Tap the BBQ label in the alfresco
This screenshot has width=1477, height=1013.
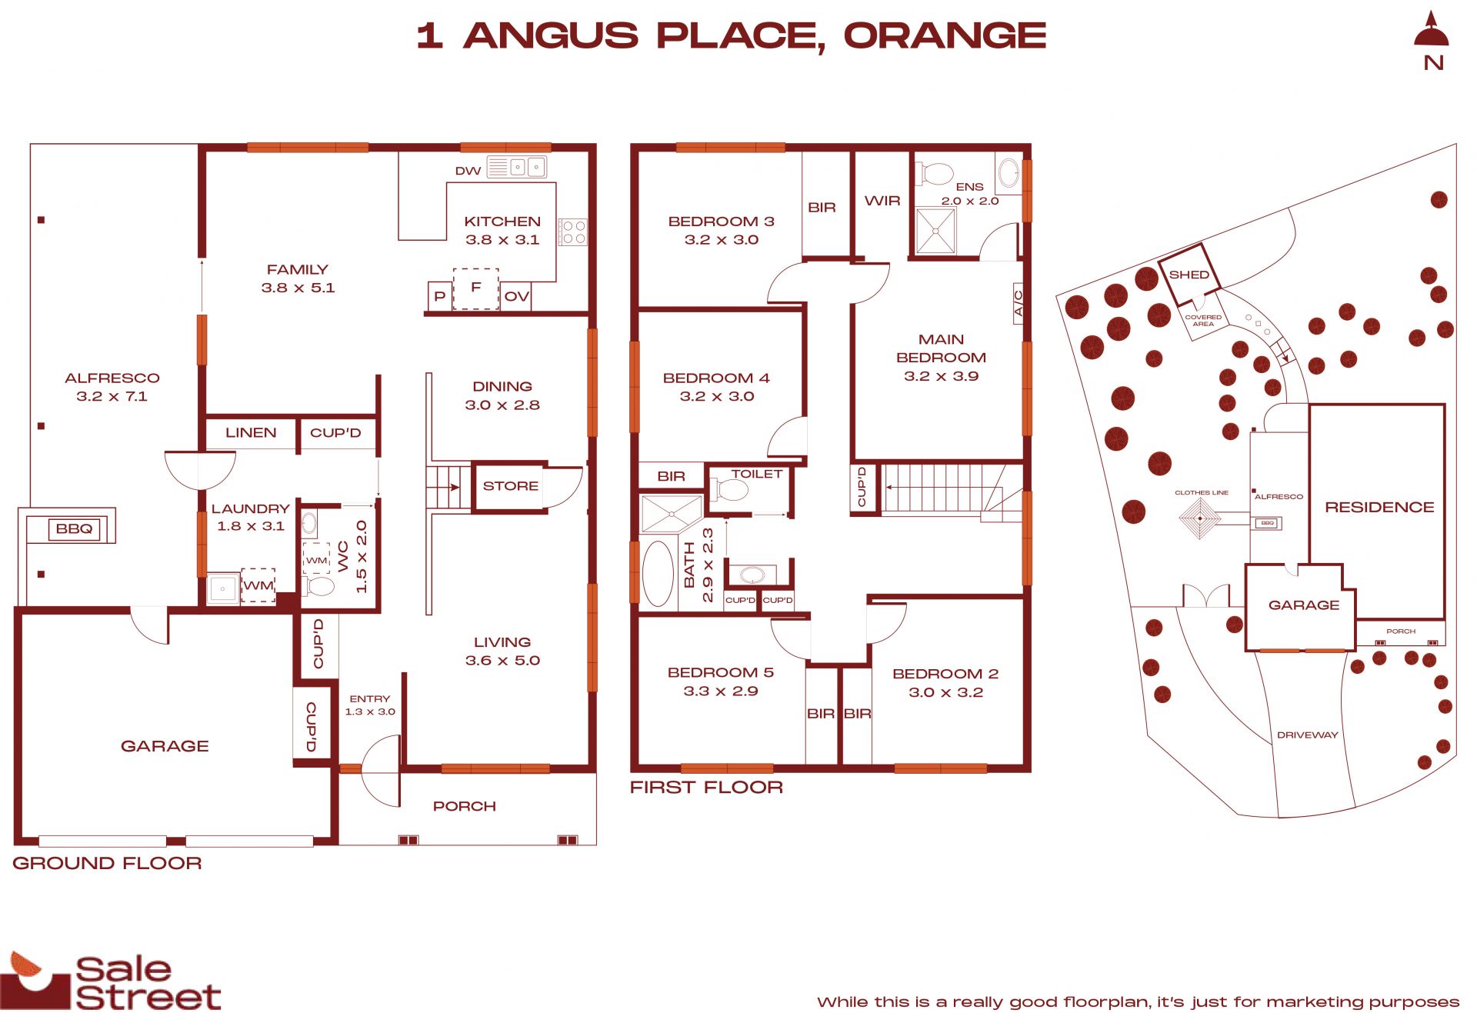(74, 528)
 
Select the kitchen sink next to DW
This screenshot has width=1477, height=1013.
(516, 166)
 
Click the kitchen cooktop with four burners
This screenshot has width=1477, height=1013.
(573, 232)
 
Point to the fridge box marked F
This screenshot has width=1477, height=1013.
(475, 288)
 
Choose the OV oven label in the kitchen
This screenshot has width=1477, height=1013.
(516, 296)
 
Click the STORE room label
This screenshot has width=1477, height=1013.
(510, 486)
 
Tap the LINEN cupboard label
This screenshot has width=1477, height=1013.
(251, 432)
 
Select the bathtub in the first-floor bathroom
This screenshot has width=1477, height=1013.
(657, 574)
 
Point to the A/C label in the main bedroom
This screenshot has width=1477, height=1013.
(1018, 304)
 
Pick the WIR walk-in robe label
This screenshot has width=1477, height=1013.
(882, 201)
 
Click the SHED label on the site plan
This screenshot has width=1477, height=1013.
(1189, 275)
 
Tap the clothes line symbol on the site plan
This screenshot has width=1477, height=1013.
(1200, 518)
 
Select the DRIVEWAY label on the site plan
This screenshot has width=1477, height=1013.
(1307, 735)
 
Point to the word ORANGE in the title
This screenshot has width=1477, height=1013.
(945, 35)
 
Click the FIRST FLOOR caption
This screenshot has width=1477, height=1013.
(706, 787)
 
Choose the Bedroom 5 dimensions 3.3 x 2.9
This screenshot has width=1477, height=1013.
(721, 691)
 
